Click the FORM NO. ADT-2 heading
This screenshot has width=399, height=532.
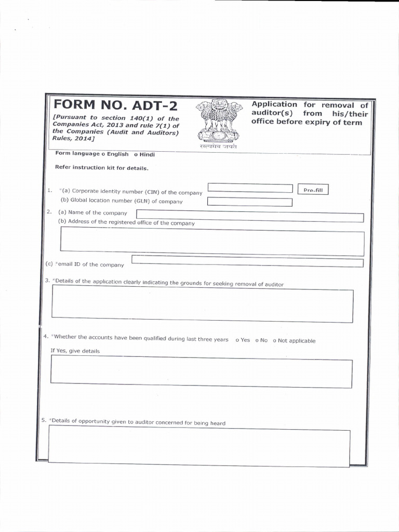click(x=115, y=106)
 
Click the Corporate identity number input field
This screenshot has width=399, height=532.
click(x=250, y=188)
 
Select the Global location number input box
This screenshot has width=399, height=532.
click(x=249, y=202)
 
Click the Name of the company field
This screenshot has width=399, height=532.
click(x=249, y=216)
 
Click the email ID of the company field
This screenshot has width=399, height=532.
click(x=247, y=260)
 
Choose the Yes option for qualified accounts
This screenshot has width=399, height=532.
click(x=237, y=340)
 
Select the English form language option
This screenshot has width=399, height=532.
click(x=103, y=154)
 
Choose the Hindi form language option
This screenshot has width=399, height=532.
click(x=136, y=154)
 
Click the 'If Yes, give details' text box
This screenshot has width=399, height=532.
click(x=202, y=373)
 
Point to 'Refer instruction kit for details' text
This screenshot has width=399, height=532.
click(x=95, y=168)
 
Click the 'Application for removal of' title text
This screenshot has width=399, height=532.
click(x=310, y=104)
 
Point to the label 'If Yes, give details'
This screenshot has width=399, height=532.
click(x=75, y=351)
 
